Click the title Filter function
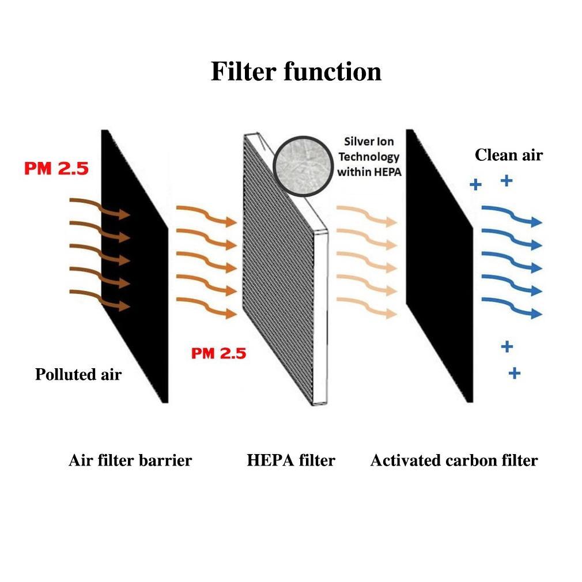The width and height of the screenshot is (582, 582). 296,72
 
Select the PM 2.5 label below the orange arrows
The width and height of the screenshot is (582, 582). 218,353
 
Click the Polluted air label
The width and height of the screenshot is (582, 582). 78,374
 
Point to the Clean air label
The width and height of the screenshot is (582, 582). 509,154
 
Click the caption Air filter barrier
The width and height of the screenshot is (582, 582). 130,460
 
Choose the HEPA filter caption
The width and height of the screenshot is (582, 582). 291,460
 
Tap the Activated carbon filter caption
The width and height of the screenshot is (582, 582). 454,460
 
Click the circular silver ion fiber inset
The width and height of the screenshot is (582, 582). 300,163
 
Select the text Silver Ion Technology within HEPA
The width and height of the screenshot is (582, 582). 368,156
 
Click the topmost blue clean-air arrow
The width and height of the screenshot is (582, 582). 512,216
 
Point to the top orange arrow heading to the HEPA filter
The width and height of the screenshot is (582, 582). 206,214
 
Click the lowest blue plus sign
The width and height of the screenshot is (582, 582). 515,373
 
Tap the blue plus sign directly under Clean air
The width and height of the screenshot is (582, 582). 507,181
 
